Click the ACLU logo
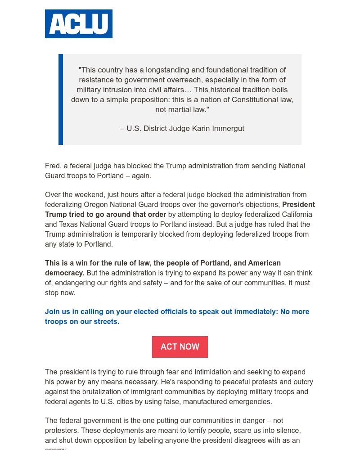click(x=79, y=24)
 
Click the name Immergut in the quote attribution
click(x=227, y=129)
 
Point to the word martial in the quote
click(x=181, y=109)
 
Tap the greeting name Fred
click(x=52, y=166)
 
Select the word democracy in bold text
click(x=64, y=273)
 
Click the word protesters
click(x=61, y=431)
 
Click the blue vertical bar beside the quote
click(x=61, y=99)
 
